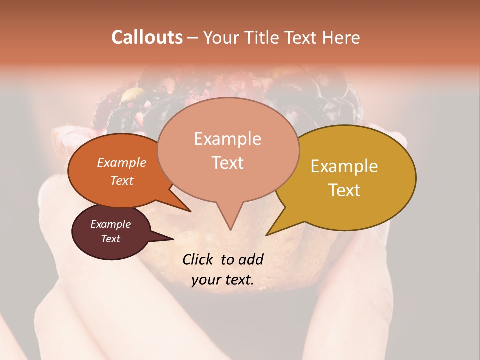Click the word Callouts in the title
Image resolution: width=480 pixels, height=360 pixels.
coord(147,37)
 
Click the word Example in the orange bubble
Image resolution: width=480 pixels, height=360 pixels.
coord(121,162)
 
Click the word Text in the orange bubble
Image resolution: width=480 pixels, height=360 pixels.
coord(121,180)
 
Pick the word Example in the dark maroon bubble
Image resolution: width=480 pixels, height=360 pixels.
coord(110,224)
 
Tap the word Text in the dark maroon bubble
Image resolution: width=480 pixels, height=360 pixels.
coord(110,239)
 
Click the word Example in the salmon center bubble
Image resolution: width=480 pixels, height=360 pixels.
coord(227,139)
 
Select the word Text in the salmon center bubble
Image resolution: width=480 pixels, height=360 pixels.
coord(227,162)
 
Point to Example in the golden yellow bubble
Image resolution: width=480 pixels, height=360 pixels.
coord(344,166)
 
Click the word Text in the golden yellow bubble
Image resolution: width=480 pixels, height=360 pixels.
coord(344,190)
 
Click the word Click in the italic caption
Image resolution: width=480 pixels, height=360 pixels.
coord(199,259)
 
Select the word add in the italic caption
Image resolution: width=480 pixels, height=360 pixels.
coord(251,259)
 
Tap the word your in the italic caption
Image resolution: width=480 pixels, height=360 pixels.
coord(205,280)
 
